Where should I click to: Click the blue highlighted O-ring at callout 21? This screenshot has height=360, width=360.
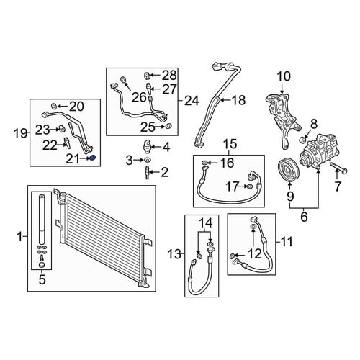coord(93,158)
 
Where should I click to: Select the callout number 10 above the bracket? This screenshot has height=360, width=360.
coord(284,76)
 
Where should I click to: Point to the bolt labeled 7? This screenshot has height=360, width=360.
coord(338,168)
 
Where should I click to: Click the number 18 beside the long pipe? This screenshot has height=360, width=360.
coord(238,100)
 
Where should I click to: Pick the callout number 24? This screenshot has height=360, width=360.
coord(192,101)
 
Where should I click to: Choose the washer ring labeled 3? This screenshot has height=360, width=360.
coord(147,160)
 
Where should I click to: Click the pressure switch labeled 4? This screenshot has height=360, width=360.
coord(146,146)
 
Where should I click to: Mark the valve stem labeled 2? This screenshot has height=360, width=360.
coord(147,173)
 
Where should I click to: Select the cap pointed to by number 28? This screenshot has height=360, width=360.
coord(148,76)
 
